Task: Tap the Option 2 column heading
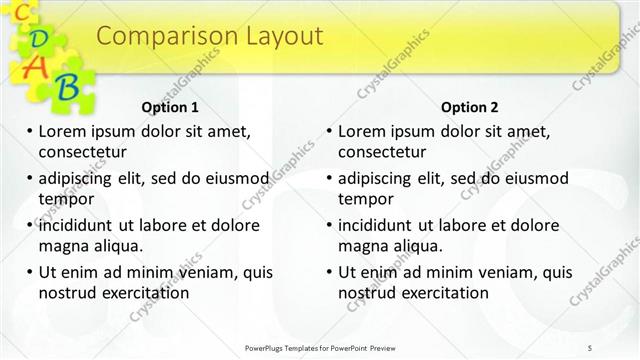469,107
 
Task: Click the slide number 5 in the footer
591,348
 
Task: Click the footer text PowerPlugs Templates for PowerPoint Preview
319,348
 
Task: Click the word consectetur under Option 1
82,152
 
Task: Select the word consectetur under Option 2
382,152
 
